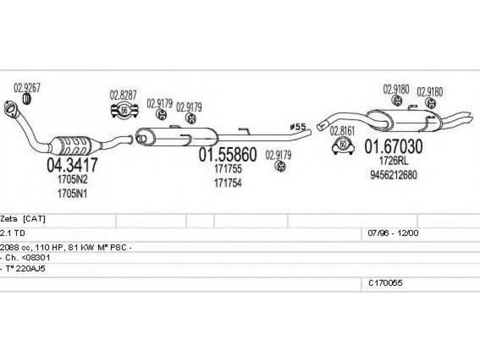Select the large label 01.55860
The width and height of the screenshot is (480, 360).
(x=228, y=155)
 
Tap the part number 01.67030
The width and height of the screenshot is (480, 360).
(x=394, y=146)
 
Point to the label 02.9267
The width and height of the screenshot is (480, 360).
(x=27, y=86)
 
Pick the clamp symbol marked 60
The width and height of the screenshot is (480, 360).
(x=342, y=145)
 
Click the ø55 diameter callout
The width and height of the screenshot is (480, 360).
(x=298, y=127)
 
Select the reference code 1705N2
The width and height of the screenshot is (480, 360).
(x=73, y=178)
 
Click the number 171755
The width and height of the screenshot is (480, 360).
(x=228, y=170)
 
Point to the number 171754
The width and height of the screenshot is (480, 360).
(x=228, y=184)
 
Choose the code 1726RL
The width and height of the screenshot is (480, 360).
(x=394, y=161)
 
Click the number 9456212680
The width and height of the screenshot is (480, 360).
(x=394, y=175)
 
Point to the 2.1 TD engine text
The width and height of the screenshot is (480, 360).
(x=13, y=232)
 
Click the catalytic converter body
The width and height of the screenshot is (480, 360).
(x=73, y=145)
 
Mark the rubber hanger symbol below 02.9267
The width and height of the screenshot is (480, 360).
(x=27, y=98)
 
